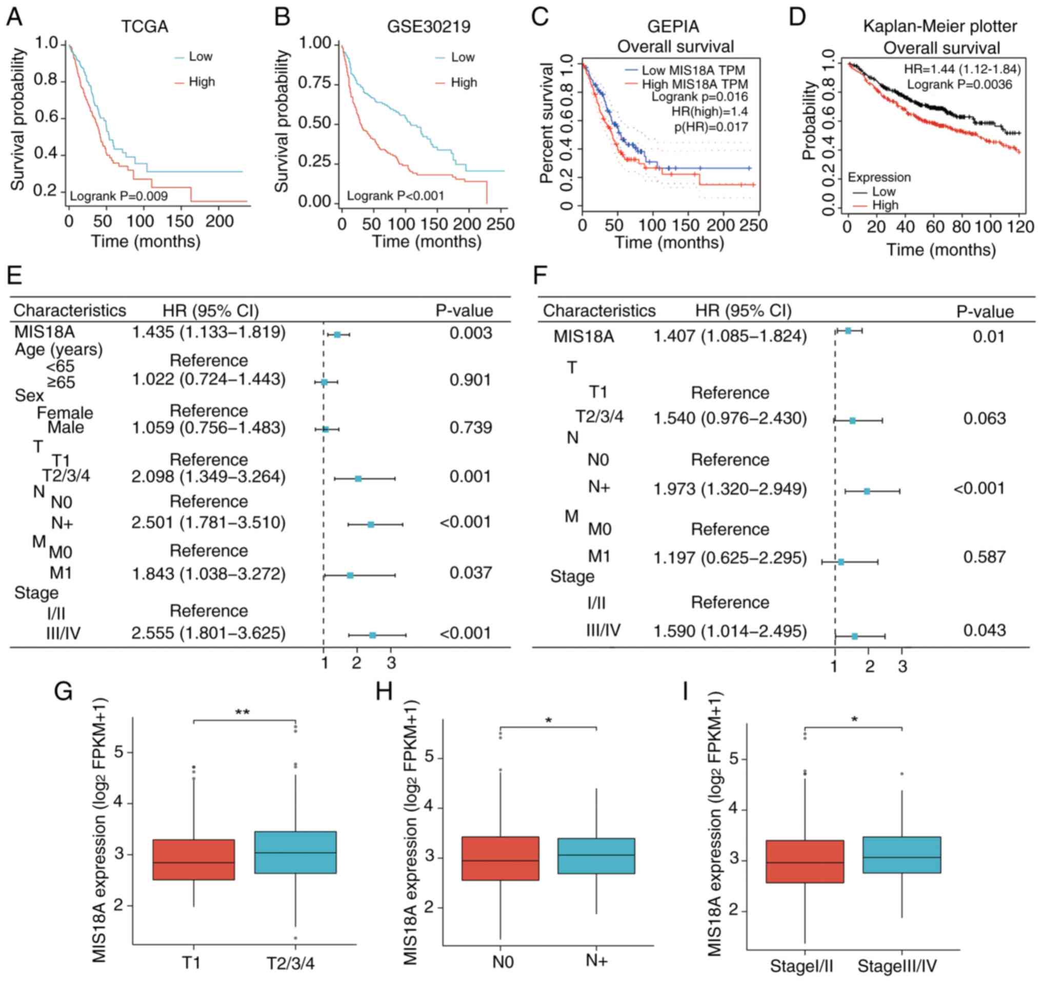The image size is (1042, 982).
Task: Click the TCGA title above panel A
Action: (x=145, y=27)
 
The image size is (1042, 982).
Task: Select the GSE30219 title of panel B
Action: (x=428, y=27)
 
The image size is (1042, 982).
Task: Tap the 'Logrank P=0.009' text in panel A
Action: (x=119, y=196)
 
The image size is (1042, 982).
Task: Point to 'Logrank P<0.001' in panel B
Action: (x=396, y=196)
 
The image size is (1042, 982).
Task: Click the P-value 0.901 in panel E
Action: (x=470, y=380)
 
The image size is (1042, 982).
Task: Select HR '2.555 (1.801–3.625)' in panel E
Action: (x=209, y=633)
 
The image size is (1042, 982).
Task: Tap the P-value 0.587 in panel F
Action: (x=985, y=556)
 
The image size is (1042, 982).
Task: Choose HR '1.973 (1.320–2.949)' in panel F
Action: (x=730, y=489)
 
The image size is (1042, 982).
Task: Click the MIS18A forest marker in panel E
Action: (x=337, y=334)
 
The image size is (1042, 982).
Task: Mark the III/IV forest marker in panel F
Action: (x=855, y=636)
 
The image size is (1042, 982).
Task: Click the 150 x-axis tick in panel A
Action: (x=180, y=222)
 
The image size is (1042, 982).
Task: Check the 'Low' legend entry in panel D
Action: (x=884, y=192)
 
